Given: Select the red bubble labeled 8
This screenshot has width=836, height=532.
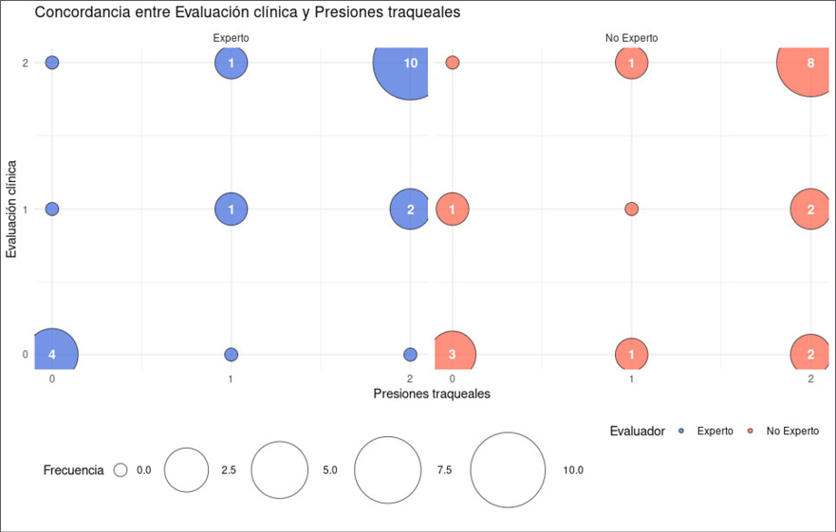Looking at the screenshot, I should [x=809, y=64].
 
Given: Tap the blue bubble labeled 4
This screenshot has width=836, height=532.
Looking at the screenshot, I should [x=53, y=355].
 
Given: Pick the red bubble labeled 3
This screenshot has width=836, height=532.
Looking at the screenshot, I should [x=454, y=355].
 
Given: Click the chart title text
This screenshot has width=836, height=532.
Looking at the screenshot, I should [x=247, y=13].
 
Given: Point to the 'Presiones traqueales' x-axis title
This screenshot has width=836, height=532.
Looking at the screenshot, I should [x=432, y=393].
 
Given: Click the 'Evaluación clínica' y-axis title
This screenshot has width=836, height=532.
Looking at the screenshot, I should [x=12, y=209].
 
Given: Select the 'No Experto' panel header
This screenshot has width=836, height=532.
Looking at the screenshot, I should [x=631, y=38].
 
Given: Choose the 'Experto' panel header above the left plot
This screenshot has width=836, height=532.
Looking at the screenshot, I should [x=231, y=38].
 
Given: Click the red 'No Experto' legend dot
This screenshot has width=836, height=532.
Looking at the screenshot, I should [x=751, y=431].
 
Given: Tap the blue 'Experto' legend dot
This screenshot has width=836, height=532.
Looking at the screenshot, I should [x=681, y=431].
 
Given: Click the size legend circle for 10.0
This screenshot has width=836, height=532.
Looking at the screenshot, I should [x=508, y=470].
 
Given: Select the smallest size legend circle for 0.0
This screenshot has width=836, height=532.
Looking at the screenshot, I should [x=121, y=469].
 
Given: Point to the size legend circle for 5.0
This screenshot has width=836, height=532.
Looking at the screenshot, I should [x=280, y=470].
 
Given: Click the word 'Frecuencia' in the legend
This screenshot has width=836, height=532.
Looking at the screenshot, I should [x=73, y=470].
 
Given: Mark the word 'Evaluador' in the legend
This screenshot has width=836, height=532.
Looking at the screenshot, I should [x=637, y=431].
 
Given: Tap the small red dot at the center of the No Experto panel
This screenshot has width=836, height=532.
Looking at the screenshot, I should [x=631, y=209].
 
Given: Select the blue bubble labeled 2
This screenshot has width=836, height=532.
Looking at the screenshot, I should [x=410, y=210].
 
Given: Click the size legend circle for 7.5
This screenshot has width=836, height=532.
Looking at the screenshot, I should [x=387, y=470].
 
